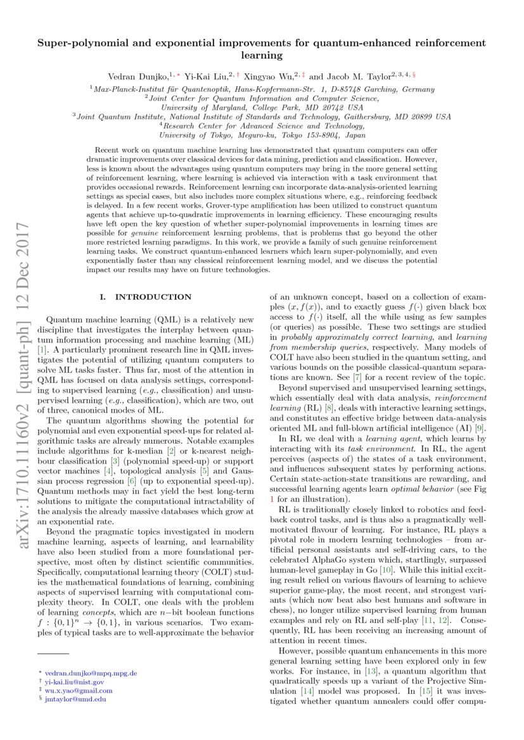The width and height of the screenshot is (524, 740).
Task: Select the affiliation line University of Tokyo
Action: [262, 135]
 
